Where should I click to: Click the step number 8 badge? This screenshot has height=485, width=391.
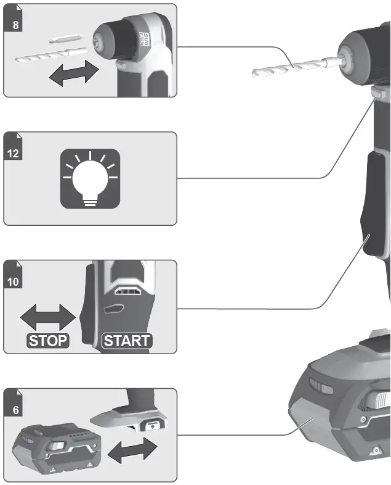point(15,25)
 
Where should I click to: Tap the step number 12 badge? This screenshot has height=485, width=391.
point(14,153)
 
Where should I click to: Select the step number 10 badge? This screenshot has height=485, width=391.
point(14,281)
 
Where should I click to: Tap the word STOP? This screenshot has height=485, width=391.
point(47,341)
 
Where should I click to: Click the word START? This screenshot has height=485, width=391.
point(126,341)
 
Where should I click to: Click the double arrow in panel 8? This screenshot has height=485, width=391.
point(75,74)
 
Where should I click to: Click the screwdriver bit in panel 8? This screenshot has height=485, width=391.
point(64,38)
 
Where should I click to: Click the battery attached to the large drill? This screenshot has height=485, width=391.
point(345,407)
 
